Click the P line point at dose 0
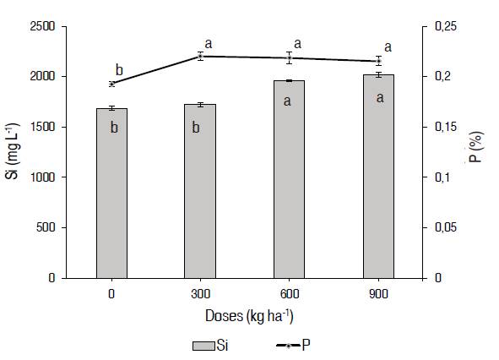click(111, 84)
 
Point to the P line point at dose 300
click(200, 56)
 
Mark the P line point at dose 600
click(289, 57)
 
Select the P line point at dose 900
click(378, 61)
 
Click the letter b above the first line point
click(119, 70)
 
